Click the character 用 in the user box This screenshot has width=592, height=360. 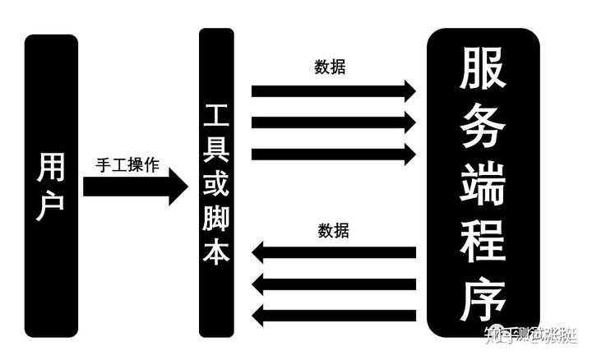point(51,168)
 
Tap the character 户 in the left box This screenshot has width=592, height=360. point(51,206)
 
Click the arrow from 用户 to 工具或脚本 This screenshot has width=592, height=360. point(136,187)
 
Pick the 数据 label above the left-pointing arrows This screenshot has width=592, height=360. point(333,231)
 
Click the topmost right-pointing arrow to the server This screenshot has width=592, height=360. point(333,90)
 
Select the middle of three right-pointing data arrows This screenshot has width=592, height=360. point(333,122)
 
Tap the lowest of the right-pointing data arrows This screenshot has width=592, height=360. point(333,154)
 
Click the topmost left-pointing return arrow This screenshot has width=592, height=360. point(333,253)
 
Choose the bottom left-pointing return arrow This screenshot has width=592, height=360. point(333,315)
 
